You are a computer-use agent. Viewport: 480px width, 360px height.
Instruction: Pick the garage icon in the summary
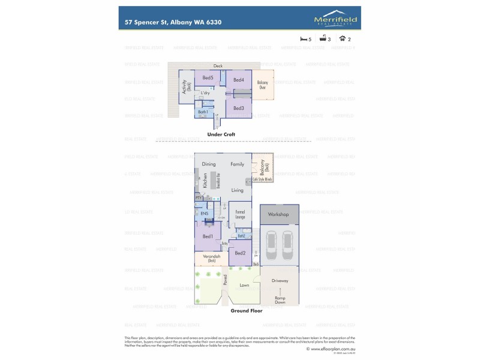342,38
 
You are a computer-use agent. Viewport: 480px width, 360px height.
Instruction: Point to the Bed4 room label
238,80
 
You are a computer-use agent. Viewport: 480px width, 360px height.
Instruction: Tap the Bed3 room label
238,108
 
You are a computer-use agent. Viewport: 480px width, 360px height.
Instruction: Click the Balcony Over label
262,85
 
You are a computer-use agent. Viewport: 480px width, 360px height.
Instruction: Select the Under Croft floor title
221,134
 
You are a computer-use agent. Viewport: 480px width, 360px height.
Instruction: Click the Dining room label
208,164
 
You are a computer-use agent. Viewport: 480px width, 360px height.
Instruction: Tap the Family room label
238,164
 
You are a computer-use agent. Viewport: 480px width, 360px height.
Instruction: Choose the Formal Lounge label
239,213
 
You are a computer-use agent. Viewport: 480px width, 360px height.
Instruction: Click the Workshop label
278,214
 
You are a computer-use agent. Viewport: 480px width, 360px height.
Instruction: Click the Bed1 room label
208,236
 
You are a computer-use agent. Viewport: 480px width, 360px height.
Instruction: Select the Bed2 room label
239,253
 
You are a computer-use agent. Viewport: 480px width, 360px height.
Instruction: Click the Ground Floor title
247,311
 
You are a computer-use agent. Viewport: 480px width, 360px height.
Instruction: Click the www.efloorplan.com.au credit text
332,348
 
